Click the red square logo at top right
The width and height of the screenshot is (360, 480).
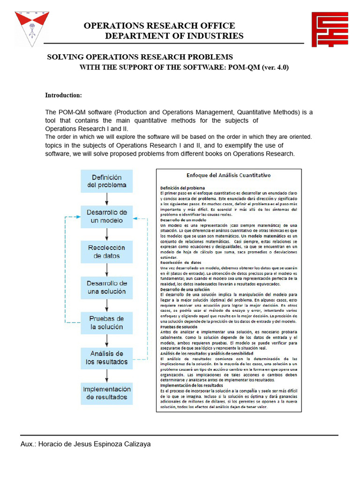[330, 30]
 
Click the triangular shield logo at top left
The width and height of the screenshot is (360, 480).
[31, 28]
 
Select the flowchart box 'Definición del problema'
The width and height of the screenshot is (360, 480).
[107, 181]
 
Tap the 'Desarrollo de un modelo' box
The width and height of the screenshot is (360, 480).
[107, 217]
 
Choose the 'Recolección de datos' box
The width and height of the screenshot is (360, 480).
[107, 252]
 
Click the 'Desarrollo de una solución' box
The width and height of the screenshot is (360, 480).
[107, 287]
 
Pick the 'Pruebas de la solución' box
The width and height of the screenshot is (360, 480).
[107, 323]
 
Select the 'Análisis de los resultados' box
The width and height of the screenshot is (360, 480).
[107, 358]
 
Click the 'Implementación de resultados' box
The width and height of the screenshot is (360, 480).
[107, 393]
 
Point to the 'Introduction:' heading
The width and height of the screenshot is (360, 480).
[63, 95]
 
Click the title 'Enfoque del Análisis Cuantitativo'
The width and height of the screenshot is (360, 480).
[229, 175]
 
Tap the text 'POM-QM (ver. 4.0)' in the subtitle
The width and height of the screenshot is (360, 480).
[259, 67]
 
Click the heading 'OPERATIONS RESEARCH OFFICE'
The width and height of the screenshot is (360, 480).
[159, 26]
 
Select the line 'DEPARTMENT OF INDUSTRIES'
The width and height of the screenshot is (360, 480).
[174, 36]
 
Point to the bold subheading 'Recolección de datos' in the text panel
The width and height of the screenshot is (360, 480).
[181, 262]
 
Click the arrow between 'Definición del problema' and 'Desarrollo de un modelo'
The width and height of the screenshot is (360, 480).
[107, 199]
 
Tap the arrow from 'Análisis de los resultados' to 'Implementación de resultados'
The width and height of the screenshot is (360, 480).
[107, 376]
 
